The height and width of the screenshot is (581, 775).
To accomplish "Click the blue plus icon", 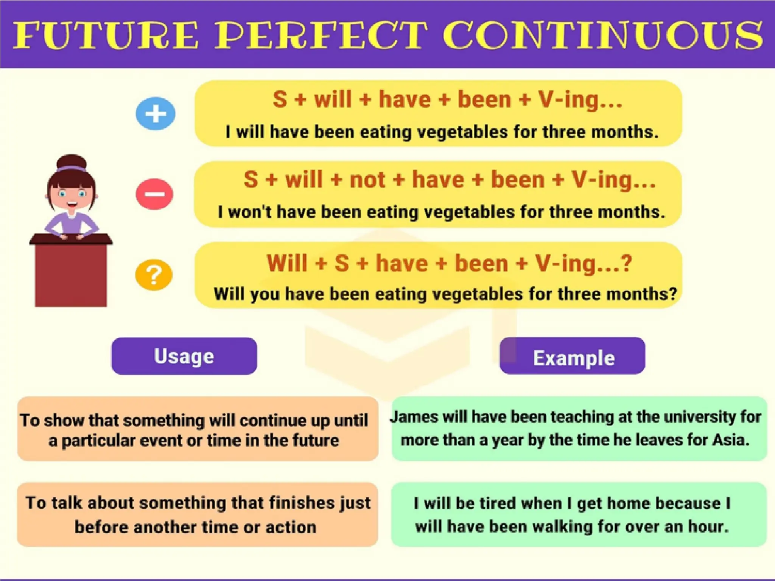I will pos(156,113).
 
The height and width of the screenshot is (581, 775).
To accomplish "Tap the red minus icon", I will pos(154,194).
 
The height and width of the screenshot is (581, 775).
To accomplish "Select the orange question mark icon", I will pos(154,275).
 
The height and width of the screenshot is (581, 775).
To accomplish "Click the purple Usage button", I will pos(184,356).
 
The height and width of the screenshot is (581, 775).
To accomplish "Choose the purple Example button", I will pos(572,356).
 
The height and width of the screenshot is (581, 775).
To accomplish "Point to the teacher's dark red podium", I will pos(71,272).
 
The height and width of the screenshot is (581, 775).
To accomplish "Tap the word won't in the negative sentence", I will pos(250,212).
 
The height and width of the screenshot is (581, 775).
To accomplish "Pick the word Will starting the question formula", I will pos(287,263).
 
